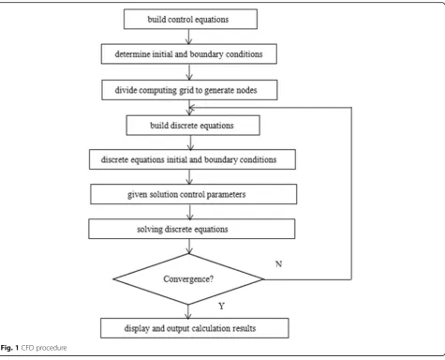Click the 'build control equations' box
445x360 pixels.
[x=190, y=19]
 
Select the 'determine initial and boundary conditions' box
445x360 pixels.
[x=189, y=53]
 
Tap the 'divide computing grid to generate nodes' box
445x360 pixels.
[x=189, y=90]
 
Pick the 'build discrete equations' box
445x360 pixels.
[x=193, y=126]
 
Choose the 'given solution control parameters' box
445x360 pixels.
[x=194, y=194]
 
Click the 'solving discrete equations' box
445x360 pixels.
[x=192, y=229]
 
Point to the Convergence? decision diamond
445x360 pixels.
[x=188, y=278]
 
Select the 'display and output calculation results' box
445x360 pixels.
[x=195, y=328]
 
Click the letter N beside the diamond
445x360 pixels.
[x=278, y=264]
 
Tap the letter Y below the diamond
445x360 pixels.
[x=221, y=306]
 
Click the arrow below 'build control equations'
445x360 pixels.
[x=188, y=37]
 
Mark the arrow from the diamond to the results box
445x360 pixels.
[x=188, y=311]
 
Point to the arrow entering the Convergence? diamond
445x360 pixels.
[x=189, y=247]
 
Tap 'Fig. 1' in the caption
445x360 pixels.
[x=9, y=348]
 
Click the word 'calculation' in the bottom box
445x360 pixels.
[x=212, y=328]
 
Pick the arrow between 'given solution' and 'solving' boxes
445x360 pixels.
[x=190, y=212]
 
